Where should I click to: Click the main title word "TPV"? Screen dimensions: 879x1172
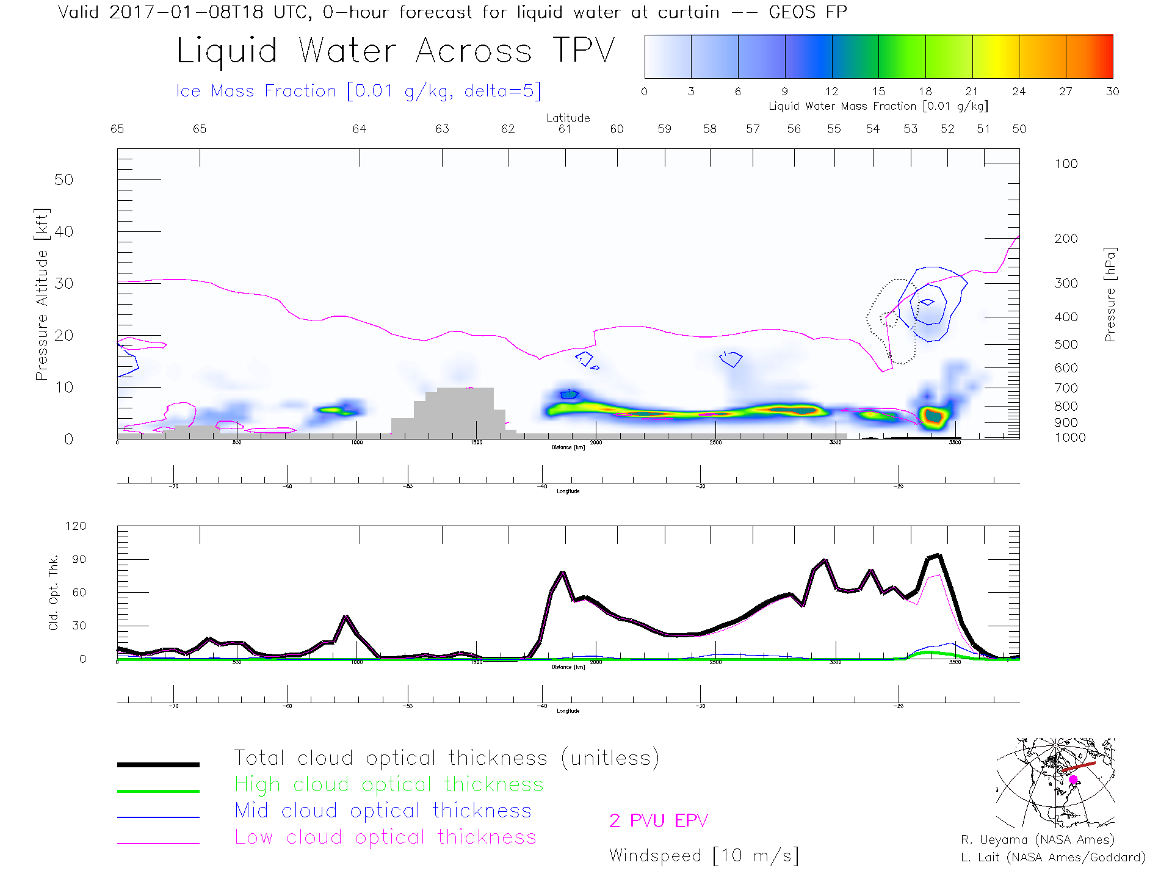(x=584, y=51)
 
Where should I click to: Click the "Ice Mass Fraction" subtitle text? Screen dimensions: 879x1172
(x=256, y=91)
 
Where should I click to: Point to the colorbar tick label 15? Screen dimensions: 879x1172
(x=878, y=92)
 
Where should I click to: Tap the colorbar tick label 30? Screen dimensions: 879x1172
(x=1112, y=92)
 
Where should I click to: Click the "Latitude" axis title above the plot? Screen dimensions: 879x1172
(x=568, y=118)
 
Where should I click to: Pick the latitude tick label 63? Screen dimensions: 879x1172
(x=442, y=129)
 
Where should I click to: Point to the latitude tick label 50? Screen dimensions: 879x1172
(x=1019, y=129)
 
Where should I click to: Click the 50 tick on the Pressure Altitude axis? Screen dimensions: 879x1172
(x=63, y=180)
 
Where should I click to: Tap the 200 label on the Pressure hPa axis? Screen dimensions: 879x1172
(x=1066, y=239)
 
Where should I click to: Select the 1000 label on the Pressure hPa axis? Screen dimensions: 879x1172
(x=1070, y=438)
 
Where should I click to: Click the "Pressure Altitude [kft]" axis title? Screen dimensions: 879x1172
(x=41, y=294)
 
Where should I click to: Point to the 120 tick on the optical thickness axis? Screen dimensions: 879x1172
(x=76, y=526)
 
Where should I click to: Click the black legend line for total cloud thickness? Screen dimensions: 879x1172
(x=158, y=764)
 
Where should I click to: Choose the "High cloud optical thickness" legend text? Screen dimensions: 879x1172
(x=389, y=784)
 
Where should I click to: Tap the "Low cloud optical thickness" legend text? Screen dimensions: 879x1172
(x=385, y=837)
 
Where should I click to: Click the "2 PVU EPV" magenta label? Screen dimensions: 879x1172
(x=658, y=821)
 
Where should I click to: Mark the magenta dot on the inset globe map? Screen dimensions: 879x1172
(x=1073, y=780)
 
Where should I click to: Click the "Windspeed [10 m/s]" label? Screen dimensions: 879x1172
(x=703, y=855)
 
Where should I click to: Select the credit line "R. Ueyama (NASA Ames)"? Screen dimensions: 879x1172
(x=1037, y=840)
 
